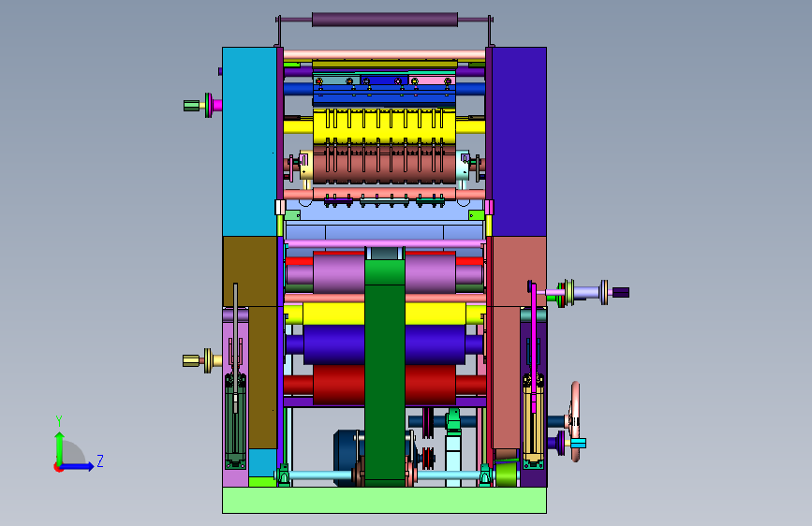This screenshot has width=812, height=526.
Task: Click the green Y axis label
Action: (x=59, y=421)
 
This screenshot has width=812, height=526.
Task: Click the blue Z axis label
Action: (x=100, y=460)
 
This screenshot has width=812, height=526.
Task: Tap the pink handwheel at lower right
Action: (x=575, y=421)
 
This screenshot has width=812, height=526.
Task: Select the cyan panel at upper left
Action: (x=249, y=142)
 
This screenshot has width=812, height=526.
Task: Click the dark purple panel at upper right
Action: (x=519, y=142)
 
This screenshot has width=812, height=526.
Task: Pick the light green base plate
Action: (x=384, y=500)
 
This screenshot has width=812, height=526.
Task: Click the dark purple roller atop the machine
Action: (x=385, y=20)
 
